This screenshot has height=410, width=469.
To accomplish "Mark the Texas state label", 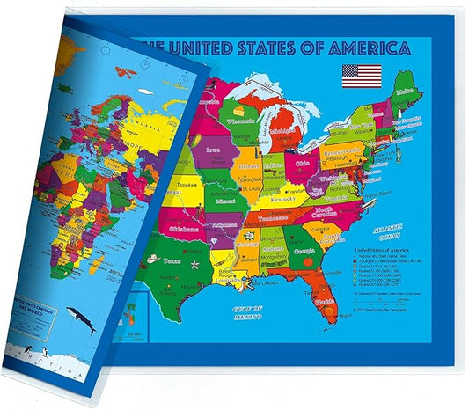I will [173, 262].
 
